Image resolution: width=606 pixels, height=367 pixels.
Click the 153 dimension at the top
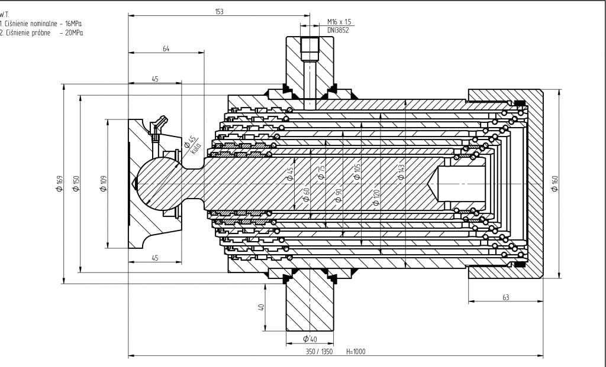[220, 11]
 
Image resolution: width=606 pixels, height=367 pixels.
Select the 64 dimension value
[166, 49]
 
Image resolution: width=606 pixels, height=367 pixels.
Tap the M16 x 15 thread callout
[339, 22]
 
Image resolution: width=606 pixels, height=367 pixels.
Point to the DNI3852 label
[338, 30]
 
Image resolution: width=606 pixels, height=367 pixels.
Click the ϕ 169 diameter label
[59, 184]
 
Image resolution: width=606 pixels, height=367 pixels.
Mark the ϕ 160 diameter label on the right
[555, 184]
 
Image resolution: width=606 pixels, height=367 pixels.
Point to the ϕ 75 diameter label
[321, 173]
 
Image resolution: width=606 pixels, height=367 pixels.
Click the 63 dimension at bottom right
[505, 297]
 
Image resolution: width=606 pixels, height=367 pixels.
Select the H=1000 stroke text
[356, 352]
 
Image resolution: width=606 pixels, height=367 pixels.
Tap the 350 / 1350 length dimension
[319, 352]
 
